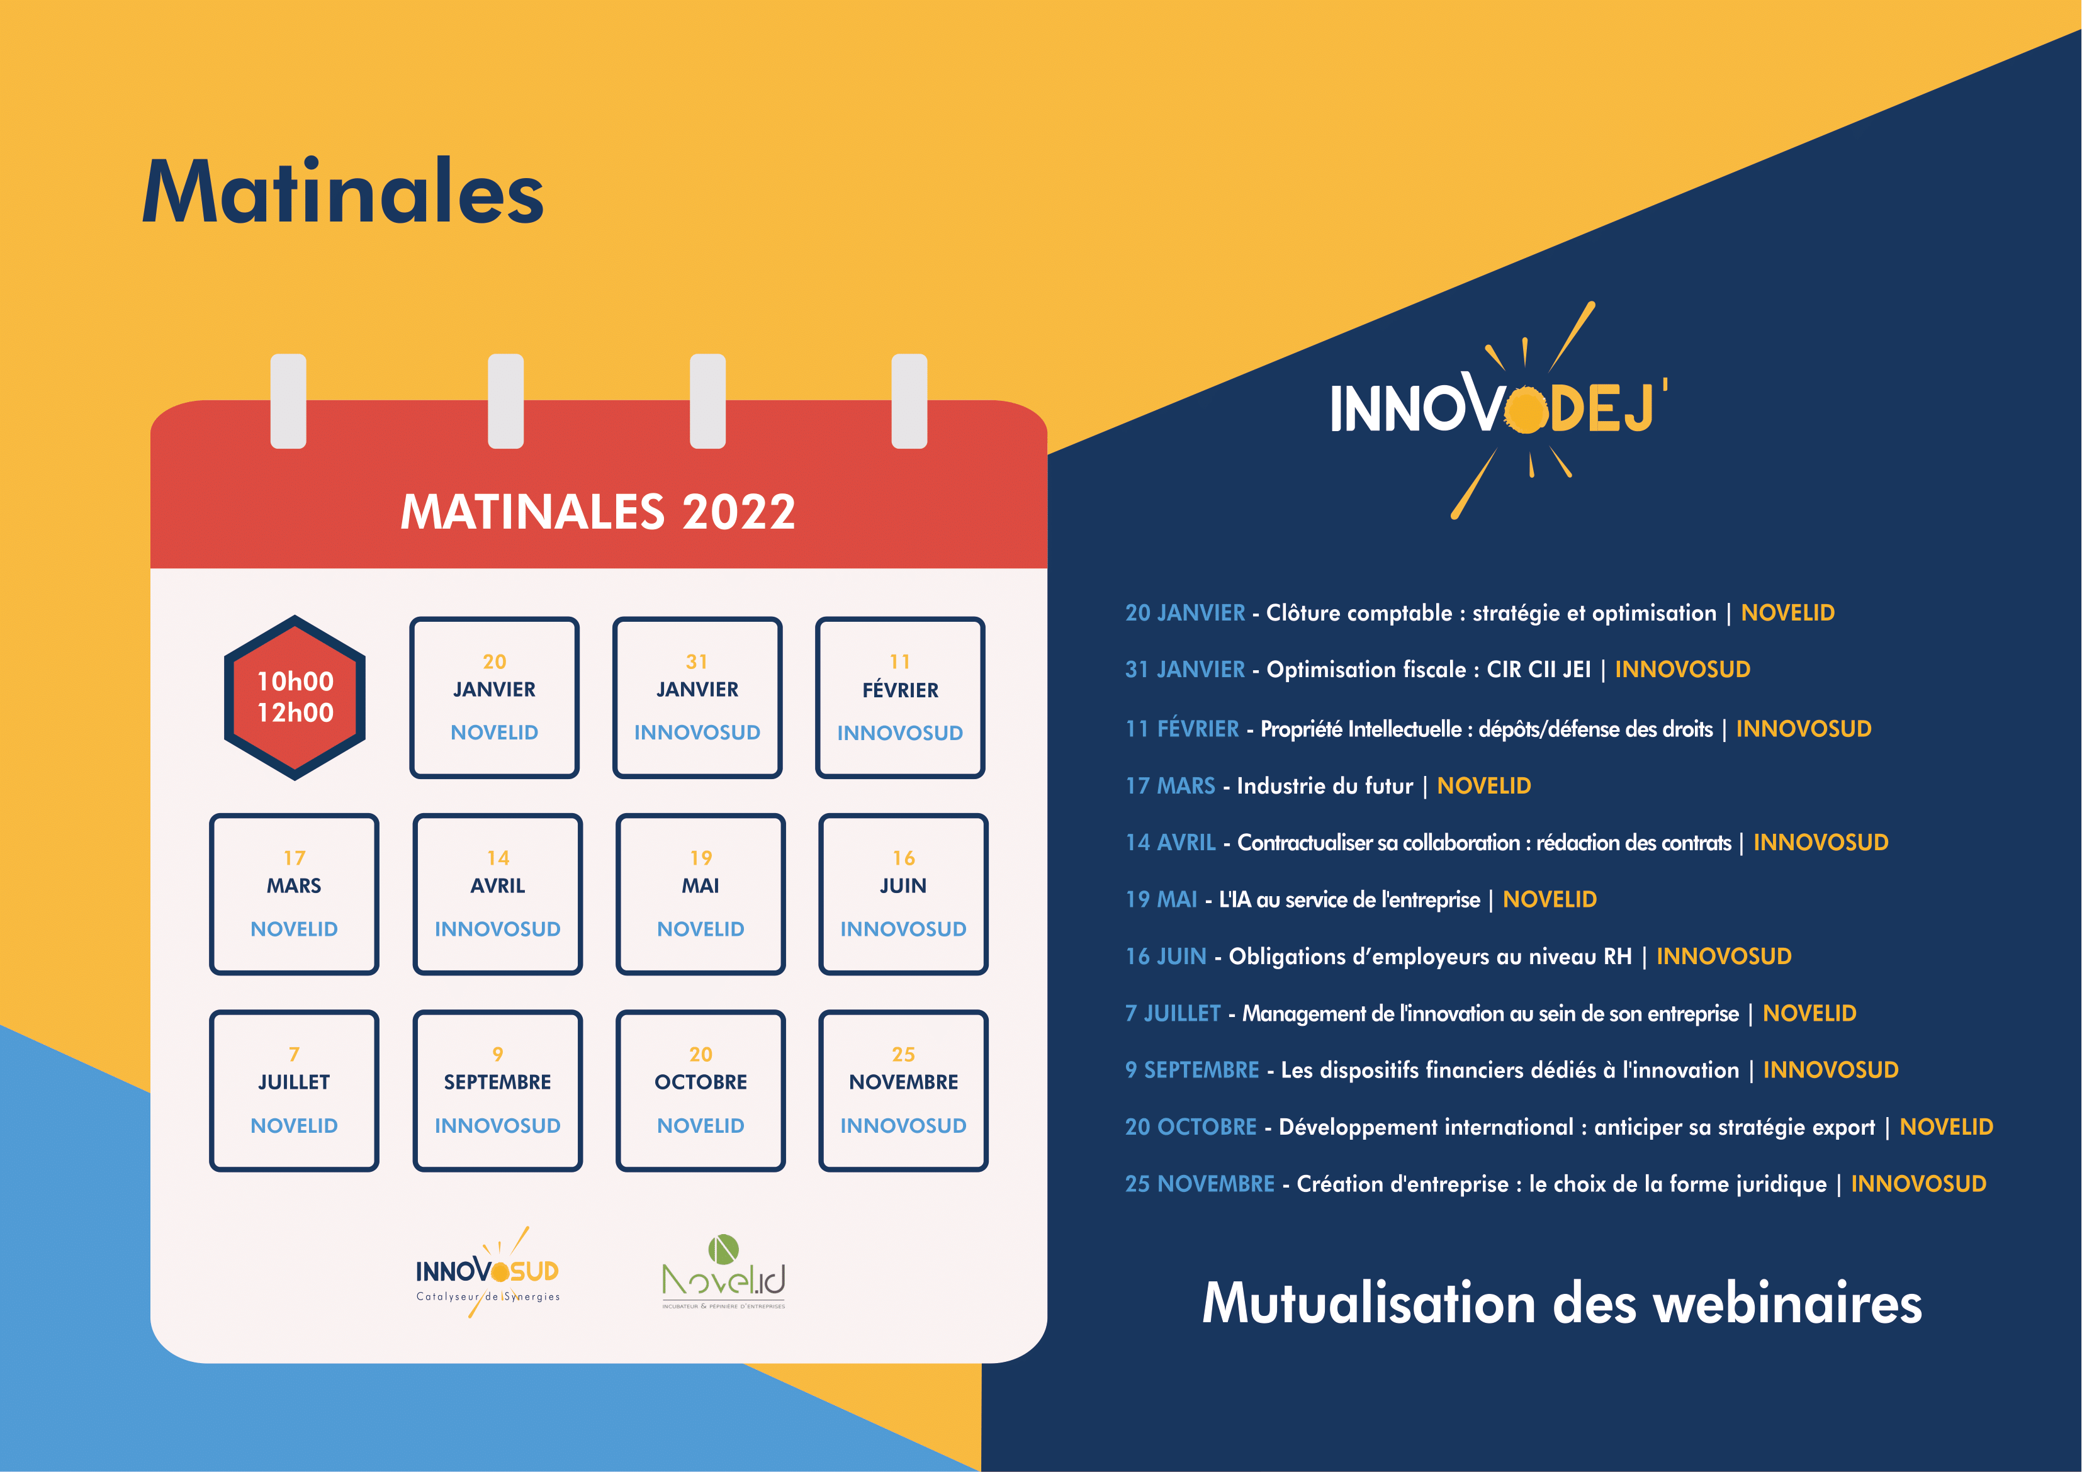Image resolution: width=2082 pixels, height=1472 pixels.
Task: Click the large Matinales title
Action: tap(343, 193)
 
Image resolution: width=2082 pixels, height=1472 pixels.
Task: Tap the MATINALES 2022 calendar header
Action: tap(599, 512)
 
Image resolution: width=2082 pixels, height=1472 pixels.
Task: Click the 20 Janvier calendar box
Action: tap(494, 697)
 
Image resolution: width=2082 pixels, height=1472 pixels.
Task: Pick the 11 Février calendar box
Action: tap(901, 697)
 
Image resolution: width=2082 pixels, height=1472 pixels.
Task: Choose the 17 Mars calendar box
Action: tap(294, 894)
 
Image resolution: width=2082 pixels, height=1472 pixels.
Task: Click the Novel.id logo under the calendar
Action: tap(724, 1273)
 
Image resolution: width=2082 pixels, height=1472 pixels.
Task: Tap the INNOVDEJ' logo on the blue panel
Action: tap(1498, 409)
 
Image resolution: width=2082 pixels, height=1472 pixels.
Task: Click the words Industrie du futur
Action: tap(1325, 785)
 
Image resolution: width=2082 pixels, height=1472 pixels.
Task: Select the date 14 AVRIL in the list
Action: tap(1170, 843)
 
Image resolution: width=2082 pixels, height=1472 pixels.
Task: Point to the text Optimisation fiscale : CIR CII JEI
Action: tap(1428, 670)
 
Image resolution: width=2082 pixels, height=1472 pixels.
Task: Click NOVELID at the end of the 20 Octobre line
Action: tap(1946, 1126)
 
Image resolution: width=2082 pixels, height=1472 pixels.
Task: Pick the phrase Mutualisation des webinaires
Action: tap(1561, 1303)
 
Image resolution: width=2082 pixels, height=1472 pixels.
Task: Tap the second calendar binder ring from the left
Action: tap(506, 401)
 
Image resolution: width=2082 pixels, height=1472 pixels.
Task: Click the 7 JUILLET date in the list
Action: tap(1173, 1013)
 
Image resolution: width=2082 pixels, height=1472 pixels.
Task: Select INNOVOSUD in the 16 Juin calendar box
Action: tap(903, 929)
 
